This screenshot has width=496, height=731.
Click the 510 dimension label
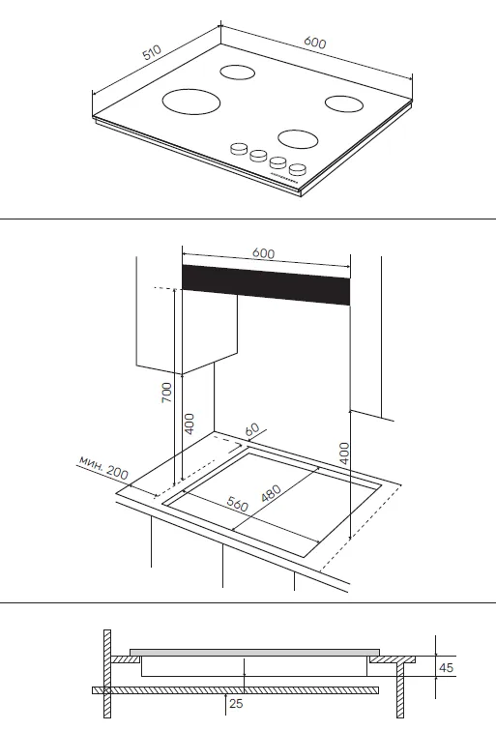(152, 52)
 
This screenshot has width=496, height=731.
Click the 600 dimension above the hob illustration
(315, 43)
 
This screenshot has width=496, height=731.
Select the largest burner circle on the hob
(191, 102)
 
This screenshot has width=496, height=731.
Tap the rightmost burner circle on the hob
(344, 103)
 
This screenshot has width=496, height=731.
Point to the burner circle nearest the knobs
(299, 139)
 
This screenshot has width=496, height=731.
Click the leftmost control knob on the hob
(239, 149)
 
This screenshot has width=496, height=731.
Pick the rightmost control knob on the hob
(298, 169)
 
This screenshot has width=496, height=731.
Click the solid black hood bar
(266, 285)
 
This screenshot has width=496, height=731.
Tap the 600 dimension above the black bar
(263, 253)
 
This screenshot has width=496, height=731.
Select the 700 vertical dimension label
(166, 393)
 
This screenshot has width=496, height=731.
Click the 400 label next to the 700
(189, 424)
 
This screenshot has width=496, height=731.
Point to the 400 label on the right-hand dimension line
(344, 453)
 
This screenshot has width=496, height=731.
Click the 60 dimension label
(251, 430)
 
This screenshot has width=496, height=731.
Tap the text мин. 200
(103, 467)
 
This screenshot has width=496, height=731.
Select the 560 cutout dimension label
(238, 504)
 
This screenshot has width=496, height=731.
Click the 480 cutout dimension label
(271, 493)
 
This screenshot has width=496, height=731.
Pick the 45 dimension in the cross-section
(446, 667)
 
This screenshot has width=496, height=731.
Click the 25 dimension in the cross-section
(236, 703)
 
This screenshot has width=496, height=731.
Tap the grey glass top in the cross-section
(254, 652)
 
